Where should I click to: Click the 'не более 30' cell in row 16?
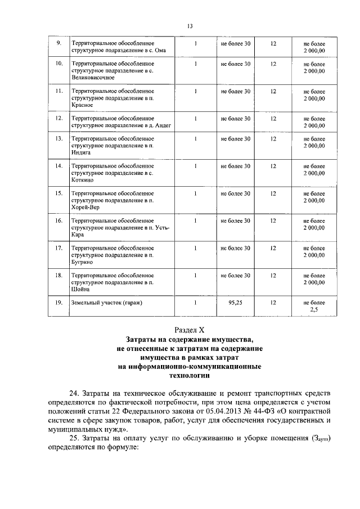pyautogui.click(x=236, y=220)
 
